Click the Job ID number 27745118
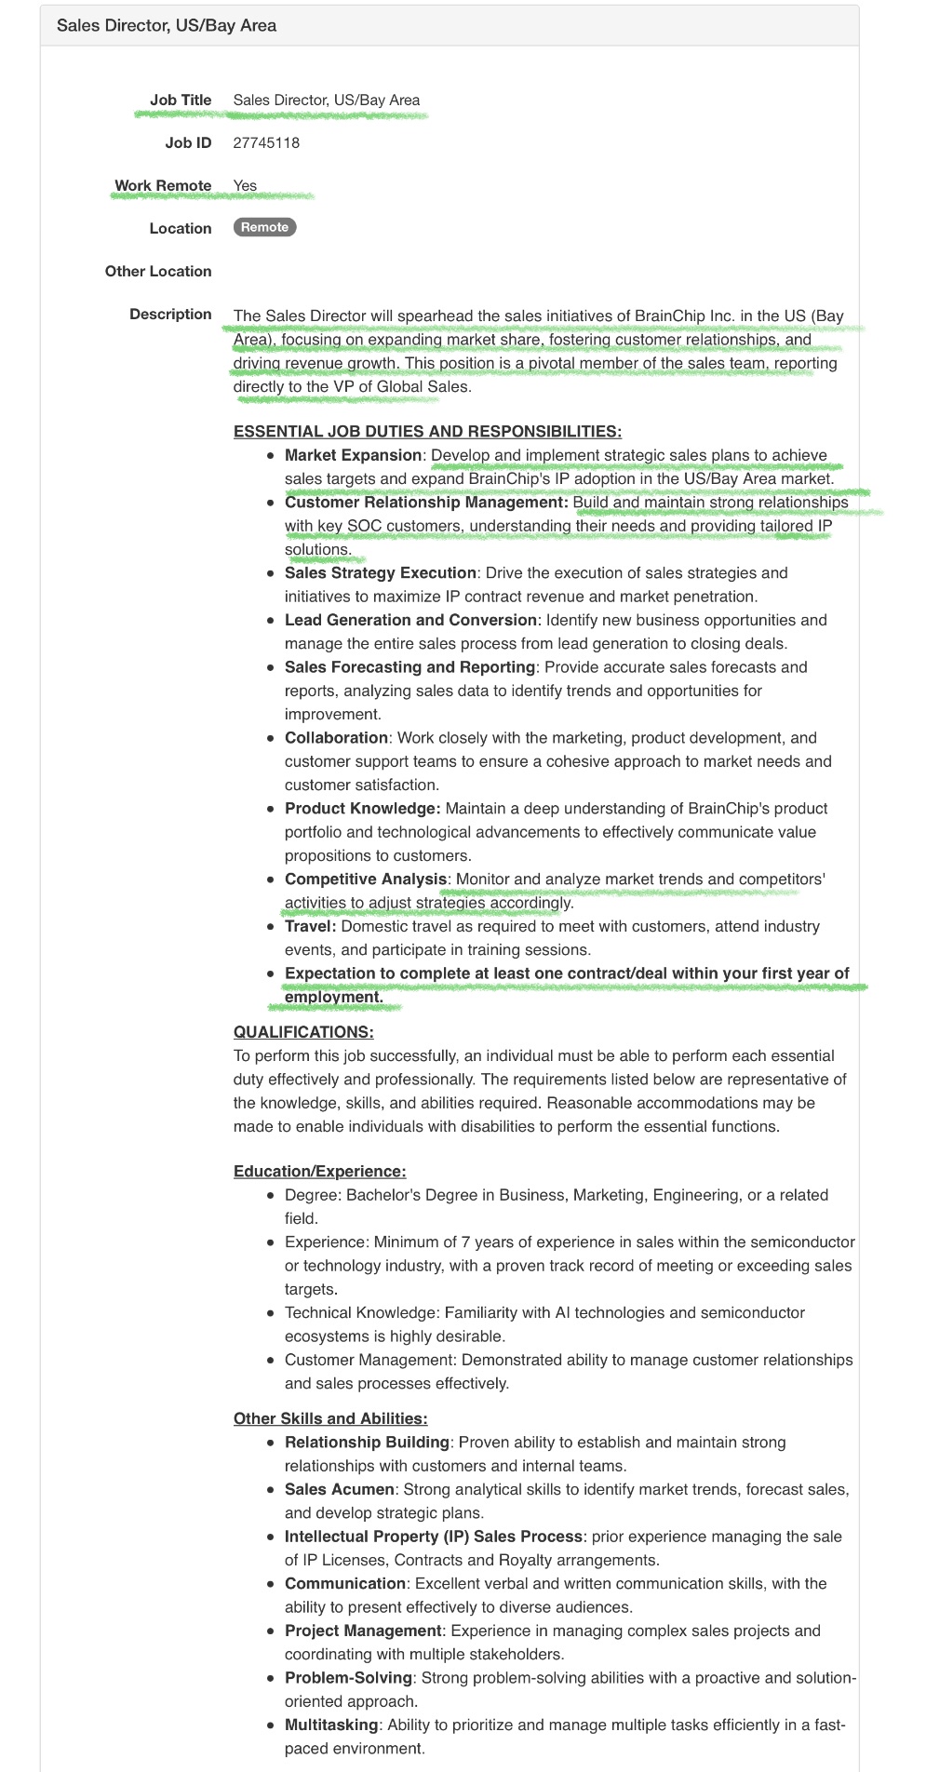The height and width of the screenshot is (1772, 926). pyautogui.click(x=266, y=142)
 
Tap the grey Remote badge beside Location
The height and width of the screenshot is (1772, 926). pyautogui.click(x=264, y=227)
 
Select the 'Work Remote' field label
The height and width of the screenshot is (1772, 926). pyautogui.click(x=163, y=185)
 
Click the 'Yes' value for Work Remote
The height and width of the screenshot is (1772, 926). pyautogui.click(x=245, y=185)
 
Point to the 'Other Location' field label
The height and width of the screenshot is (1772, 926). pyautogui.click(x=158, y=271)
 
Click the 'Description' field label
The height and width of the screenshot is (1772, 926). pyautogui.click(x=170, y=314)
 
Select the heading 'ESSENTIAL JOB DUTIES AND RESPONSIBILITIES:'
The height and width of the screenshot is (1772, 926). pyautogui.click(x=427, y=431)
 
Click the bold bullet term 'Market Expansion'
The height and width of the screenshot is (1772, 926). pyautogui.click(x=353, y=455)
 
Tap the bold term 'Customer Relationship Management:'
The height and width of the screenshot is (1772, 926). pyautogui.click(x=426, y=502)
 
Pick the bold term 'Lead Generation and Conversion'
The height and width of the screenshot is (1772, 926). pyautogui.click(x=410, y=620)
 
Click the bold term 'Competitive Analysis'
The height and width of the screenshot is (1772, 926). pyautogui.click(x=366, y=879)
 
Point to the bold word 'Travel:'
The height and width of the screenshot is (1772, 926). pyautogui.click(x=311, y=926)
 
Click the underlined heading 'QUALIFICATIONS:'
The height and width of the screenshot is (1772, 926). pyautogui.click(x=303, y=1031)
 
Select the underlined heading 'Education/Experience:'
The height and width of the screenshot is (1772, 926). pyautogui.click(x=319, y=1171)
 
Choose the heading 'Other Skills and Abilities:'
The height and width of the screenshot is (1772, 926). pyautogui.click(x=330, y=1418)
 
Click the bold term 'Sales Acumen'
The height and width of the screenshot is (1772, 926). pyautogui.click(x=340, y=1489)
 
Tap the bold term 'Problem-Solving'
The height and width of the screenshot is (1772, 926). pyautogui.click(x=348, y=1677)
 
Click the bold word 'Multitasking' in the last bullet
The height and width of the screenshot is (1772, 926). pyautogui.click(x=331, y=1725)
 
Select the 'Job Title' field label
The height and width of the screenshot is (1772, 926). pyautogui.click(x=181, y=100)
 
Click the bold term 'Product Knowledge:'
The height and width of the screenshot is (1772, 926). pyautogui.click(x=362, y=808)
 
